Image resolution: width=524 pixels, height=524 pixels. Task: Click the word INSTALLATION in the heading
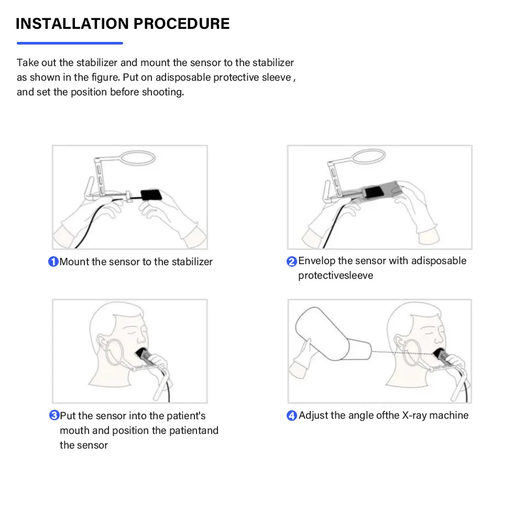point(72,24)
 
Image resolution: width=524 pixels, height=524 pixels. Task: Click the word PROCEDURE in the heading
point(181,24)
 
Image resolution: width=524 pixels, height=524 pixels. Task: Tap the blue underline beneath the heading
point(70,43)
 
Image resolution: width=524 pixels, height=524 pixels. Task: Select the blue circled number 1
point(53,261)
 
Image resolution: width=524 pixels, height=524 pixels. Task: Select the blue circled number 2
point(292,261)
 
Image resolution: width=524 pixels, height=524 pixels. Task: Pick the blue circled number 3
point(54,416)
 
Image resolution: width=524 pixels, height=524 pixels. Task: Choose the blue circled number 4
point(292,416)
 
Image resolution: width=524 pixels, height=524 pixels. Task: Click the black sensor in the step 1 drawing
point(151,194)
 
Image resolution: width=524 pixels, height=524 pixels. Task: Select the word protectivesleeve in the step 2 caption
point(335,276)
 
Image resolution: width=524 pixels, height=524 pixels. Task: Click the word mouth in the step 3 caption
point(74,430)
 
